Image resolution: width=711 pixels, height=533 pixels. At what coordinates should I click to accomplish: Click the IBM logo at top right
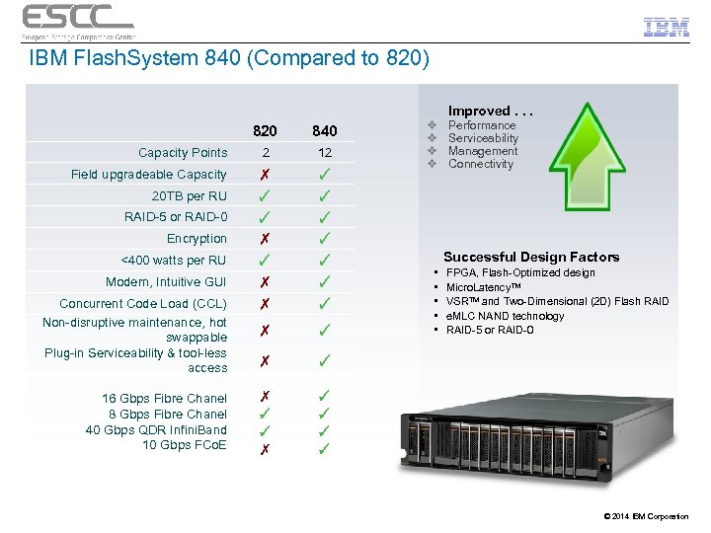(666, 28)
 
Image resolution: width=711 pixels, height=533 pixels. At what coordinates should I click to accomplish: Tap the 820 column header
(265, 130)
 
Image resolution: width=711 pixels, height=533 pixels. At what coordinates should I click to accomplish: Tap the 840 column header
(324, 130)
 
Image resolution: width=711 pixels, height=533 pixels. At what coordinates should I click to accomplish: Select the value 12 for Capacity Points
(324, 153)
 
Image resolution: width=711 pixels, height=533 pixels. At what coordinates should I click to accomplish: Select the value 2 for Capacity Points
(265, 153)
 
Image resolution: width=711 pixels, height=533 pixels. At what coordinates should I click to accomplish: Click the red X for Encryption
(265, 239)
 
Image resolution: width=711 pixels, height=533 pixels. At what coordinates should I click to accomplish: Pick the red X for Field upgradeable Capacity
(265, 175)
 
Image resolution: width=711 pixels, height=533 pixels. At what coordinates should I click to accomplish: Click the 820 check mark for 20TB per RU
(265, 195)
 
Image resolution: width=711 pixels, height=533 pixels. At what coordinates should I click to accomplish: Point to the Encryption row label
(197, 239)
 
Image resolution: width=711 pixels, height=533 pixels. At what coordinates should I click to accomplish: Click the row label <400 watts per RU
(173, 261)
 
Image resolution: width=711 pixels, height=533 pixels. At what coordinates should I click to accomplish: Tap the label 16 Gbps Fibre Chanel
(164, 399)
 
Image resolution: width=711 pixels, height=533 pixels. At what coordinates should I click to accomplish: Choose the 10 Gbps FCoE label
(184, 444)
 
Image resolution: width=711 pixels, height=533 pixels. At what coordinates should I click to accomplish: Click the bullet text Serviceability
(483, 138)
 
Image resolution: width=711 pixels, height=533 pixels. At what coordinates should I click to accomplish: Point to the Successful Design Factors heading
(531, 257)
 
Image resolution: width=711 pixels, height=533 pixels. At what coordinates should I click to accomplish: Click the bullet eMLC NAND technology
(505, 316)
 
